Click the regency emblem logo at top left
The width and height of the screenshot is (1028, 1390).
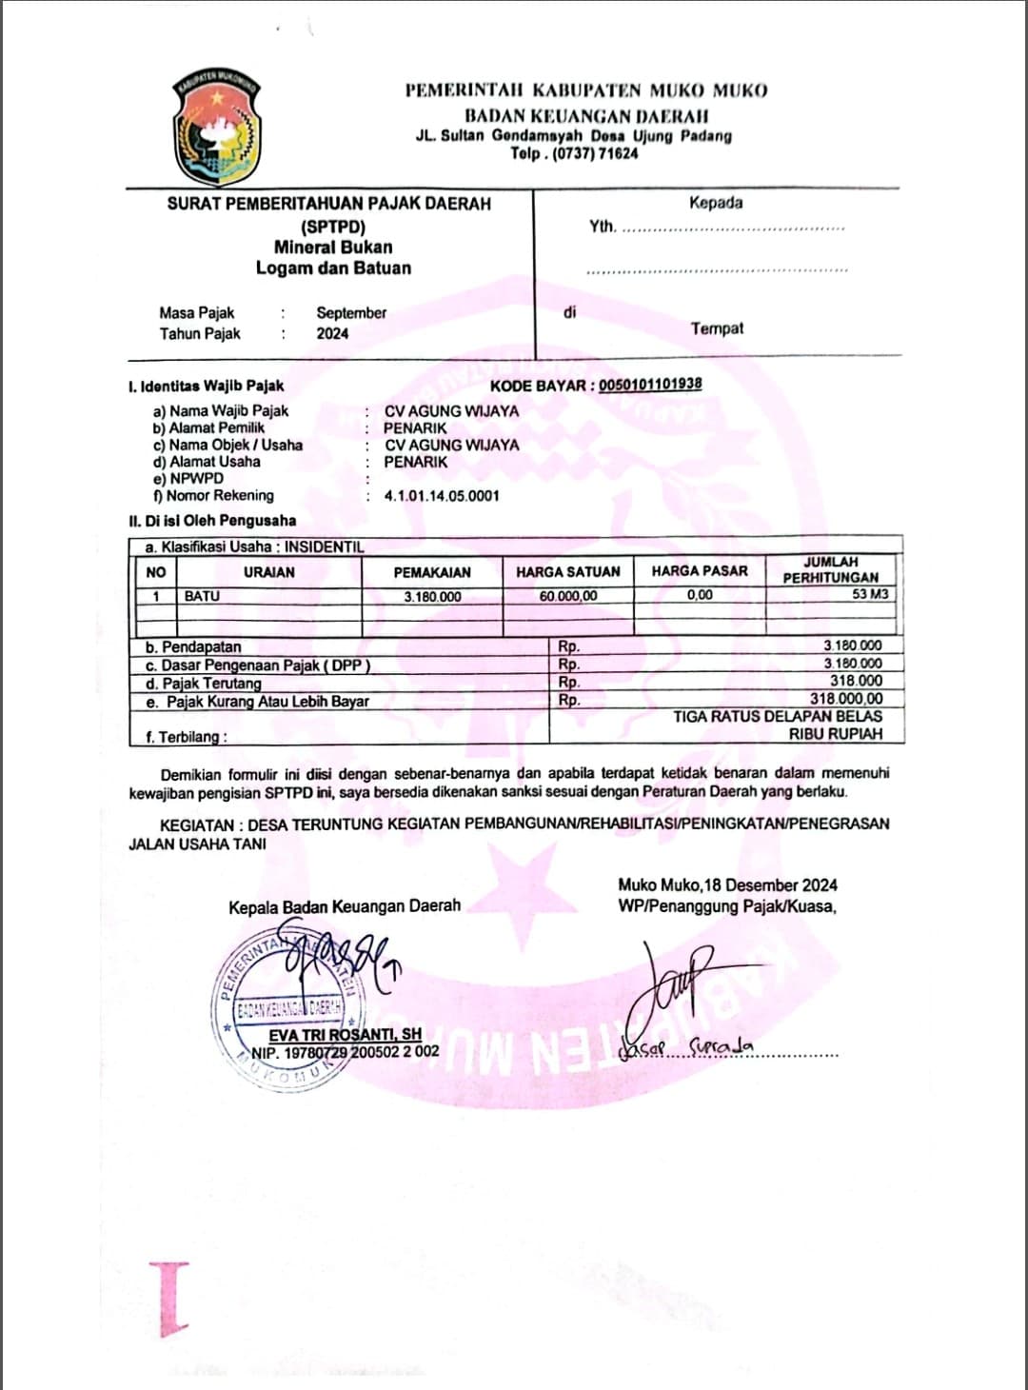pyautogui.click(x=217, y=126)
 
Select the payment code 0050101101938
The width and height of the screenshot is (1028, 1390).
pyautogui.click(x=650, y=385)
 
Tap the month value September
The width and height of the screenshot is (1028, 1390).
pyautogui.click(x=351, y=312)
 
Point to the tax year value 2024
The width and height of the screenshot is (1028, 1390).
pyautogui.click(x=332, y=333)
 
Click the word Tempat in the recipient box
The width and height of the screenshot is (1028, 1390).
pyautogui.click(x=717, y=328)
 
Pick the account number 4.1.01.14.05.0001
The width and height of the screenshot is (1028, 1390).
pyautogui.click(x=442, y=496)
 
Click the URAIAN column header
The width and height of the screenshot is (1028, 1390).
pyautogui.click(x=268, y=572)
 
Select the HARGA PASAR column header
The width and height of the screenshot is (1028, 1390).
pyautogui.click(x=700, y=571)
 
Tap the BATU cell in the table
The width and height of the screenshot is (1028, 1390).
pyautogui.click(x=202, y=596)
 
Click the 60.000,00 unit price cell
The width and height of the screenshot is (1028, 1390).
pyautogui.click(x=568, y=596)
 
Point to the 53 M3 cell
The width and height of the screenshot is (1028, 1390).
pyautogui.click(x=870, y=594)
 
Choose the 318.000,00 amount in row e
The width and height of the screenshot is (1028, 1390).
pyautogui.click(x=845, y=699)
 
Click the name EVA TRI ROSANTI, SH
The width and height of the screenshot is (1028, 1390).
pyautogui.click(x=345, y=1035)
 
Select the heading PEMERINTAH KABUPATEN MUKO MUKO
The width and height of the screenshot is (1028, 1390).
pyautogui.click(x=586, y=90)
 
